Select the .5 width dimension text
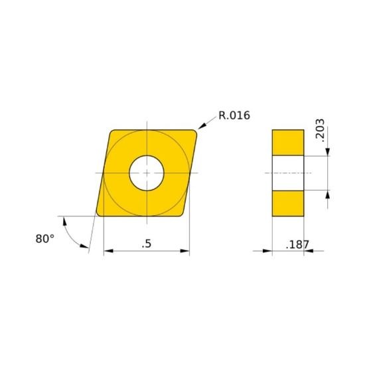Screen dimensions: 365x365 147,244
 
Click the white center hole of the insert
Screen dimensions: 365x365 147,173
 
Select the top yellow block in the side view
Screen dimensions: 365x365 287,143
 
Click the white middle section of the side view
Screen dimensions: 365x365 287,173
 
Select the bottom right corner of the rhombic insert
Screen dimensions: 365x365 185,213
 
